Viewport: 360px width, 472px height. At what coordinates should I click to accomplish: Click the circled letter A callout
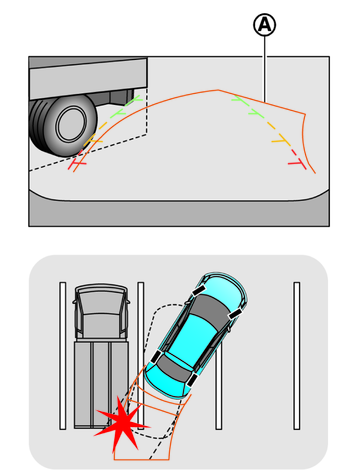pyautogui.click(x=265, y=25)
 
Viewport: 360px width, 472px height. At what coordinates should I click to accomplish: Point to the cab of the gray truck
pyautogui.click(x=101, y=311)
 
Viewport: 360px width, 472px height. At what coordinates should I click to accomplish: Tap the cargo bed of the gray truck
pyautogui.click(x=101, y=384)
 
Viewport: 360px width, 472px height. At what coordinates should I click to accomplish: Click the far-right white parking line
pyautogui.click(x=296, y=356)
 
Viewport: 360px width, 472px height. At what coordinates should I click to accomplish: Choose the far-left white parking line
pyautogui.click(x=63, y=356)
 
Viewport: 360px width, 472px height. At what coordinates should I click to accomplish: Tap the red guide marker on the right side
pyautogui.click(x=298, y=164)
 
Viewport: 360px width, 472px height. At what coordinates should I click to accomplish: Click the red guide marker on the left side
pyautogui.click(x=77, y=164)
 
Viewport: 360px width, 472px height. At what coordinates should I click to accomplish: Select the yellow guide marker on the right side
pyautogui.click(x=281, y=140)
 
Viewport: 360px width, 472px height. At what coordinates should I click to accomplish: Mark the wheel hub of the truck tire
pyautogui.click(x=71, y=124)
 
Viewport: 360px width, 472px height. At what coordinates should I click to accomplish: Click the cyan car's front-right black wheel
pyautogui.click(x=235, y=313)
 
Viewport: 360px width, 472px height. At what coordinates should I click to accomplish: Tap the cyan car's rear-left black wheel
pyautogui.click(x=156, y=357)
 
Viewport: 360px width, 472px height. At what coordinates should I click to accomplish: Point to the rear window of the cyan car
pyautogui.click(x=173, y=368)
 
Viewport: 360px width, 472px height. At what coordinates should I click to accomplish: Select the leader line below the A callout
pyautogui.click(x=265, y=68)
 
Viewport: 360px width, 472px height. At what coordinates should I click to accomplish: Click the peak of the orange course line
pyautogui.click(x=218, y=90)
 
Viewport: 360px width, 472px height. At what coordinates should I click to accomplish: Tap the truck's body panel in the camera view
pyautogui.click(x=88, y=78)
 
